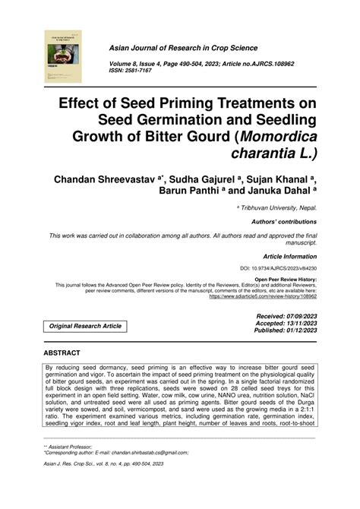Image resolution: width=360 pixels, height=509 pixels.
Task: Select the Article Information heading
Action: tap(286, 258)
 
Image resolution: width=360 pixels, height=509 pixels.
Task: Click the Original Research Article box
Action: tap(85, 326)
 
